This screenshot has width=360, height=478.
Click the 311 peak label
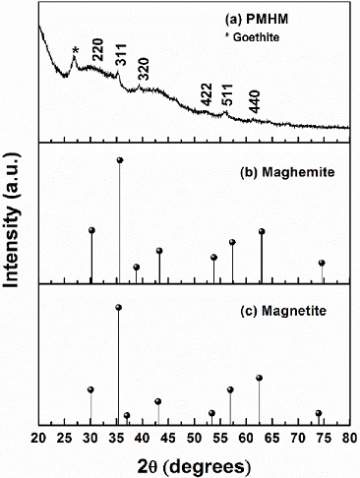tap(121, 58)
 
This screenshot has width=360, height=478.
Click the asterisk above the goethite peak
tap(76, 52)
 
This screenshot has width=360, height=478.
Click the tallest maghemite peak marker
tap(120, 160)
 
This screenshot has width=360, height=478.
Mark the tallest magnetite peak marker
tap(119, 308)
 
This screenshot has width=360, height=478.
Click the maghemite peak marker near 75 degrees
tap(322, 263)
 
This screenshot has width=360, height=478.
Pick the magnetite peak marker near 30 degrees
tap(90, 390)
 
